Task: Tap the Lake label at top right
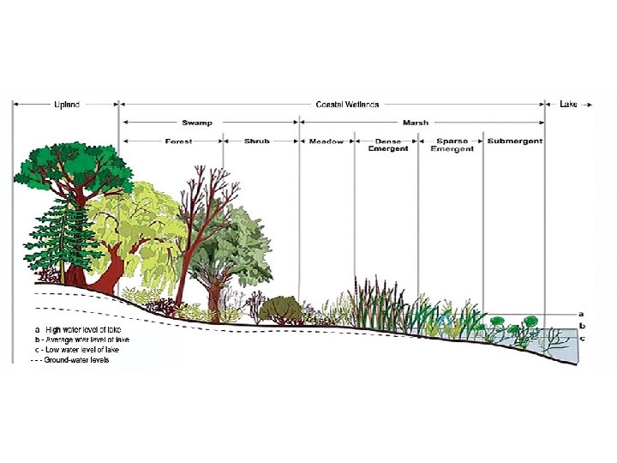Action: (x=569, y=105)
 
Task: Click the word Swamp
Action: (x=197, y=123)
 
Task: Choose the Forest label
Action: (x=178, y=141)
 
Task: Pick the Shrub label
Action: (x=256, y=141)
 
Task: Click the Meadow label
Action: (x=326, y=141)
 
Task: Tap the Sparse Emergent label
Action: (x=452, y=145)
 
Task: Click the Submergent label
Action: (x=514, y=141)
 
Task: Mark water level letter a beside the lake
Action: (x=582, y=314)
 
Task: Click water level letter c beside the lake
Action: (x=582, y=338)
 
